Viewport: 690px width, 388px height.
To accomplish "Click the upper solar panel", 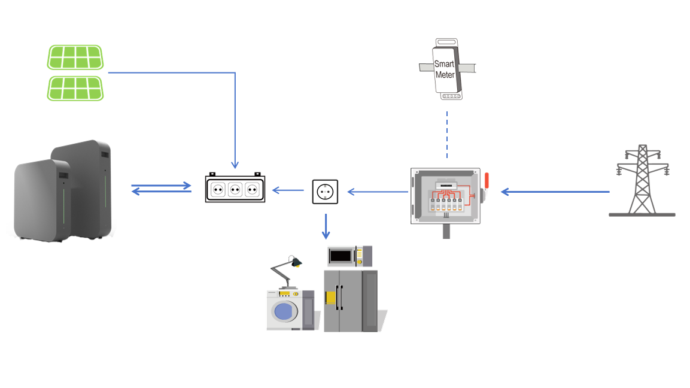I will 75,57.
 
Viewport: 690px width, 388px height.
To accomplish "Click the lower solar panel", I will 75,88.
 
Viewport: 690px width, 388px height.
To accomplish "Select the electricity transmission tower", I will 642,181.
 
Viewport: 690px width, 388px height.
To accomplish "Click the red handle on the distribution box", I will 487,181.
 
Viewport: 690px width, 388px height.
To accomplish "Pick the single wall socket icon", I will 325,192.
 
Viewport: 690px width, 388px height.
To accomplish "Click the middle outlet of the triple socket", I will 235,190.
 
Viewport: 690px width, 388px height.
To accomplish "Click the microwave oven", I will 349,256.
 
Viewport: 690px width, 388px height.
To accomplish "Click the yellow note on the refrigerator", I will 330,298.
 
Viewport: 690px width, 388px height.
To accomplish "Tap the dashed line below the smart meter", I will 447,134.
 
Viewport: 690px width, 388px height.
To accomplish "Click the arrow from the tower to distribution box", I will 555,192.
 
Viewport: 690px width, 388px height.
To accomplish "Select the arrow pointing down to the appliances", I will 326,226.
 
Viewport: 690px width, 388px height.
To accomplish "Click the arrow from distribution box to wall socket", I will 378,192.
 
